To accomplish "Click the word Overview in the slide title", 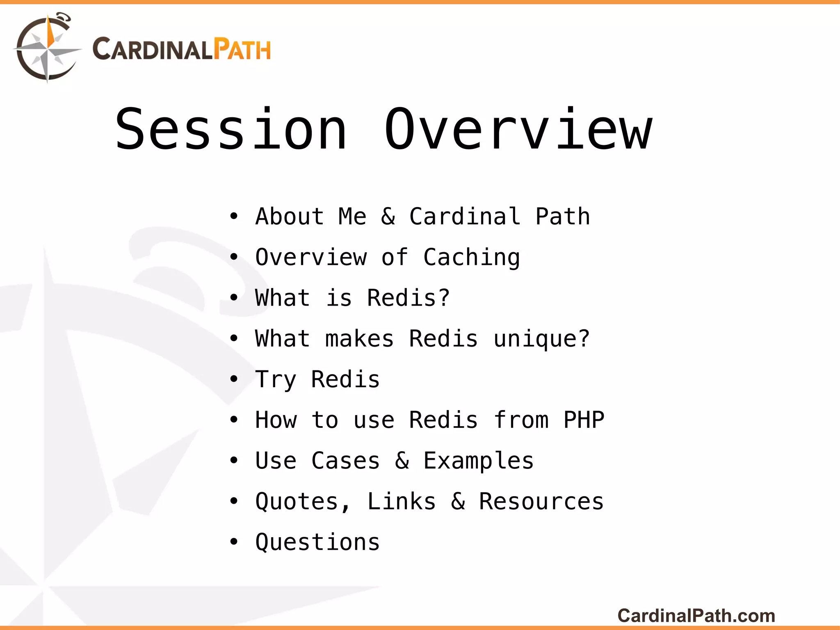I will tap(518, 130).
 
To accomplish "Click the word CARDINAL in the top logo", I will tap(152, 50).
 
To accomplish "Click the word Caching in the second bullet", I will tap(471, 258).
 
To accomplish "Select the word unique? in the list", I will tap(541, 339).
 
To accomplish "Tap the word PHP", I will tap(584, 420).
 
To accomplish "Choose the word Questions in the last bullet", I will tap(317, 543).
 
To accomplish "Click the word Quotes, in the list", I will tap(303, 502).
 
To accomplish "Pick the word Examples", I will tap(478, 461).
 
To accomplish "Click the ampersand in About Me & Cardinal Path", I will tap(388, 217).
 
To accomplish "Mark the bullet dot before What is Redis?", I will tap(234, 297).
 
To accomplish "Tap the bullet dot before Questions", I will tap(234, 542).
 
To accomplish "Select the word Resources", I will tap(541, 502).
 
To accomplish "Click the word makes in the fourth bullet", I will tap(359, 339).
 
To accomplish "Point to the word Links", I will tap(401, 502).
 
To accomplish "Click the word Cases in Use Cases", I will tap(345, 461).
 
